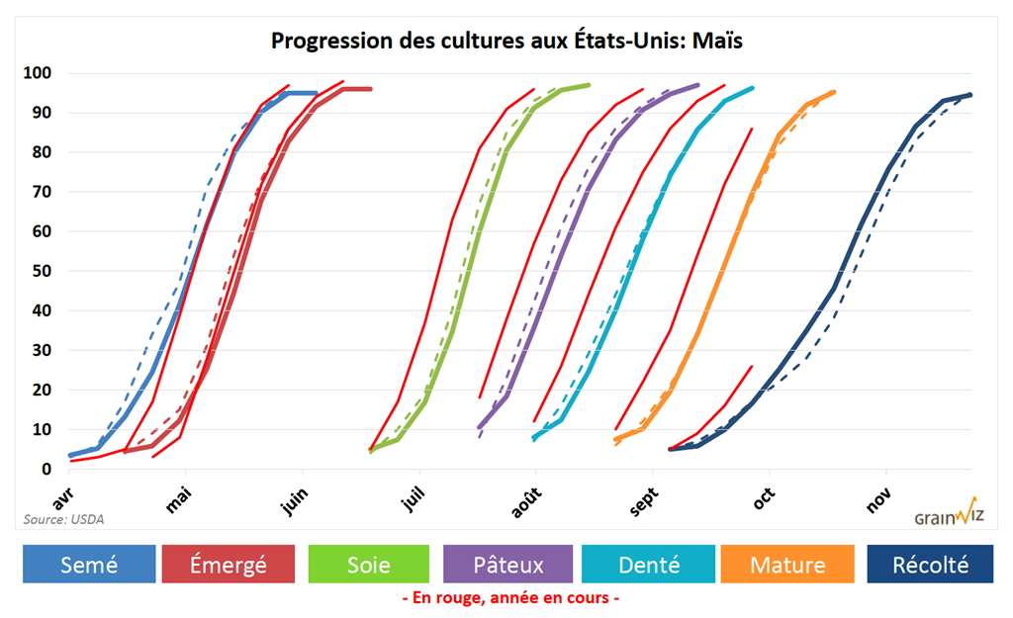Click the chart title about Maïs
506,42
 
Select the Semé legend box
89,565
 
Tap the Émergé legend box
228,565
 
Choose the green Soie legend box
368,565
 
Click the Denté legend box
649,565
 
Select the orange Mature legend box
787,565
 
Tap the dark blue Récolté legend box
930,565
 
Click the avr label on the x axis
64,492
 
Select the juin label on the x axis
295,501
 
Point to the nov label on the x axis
877,500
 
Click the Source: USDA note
63,518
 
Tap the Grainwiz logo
946,515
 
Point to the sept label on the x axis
644,501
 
